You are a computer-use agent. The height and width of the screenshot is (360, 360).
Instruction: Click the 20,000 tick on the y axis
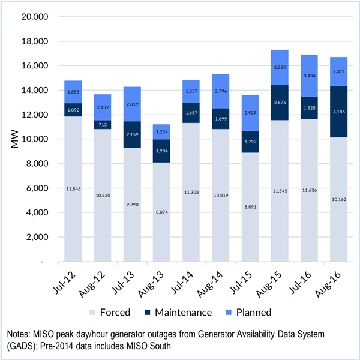34,17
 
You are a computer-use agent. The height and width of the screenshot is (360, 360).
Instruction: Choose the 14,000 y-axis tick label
34,91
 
